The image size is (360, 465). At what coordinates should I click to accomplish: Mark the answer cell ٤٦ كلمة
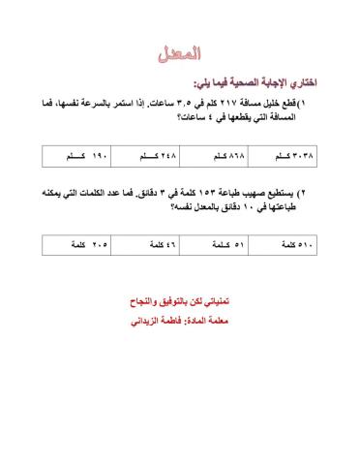[x=147, y=247]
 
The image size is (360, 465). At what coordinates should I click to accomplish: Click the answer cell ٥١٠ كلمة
[x=294, y=247]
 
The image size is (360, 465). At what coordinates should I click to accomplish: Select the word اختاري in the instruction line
[x=304, y=81]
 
